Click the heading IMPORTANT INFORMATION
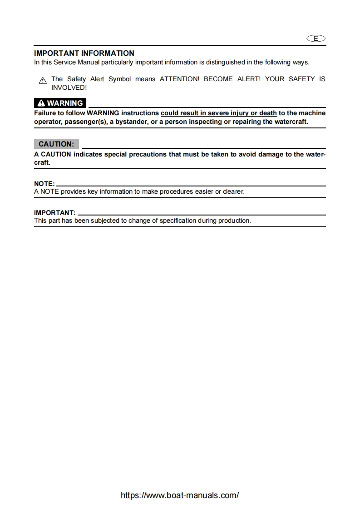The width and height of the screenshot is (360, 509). click(x=84, y=54)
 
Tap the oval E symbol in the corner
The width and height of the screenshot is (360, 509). click(x=316, y=39)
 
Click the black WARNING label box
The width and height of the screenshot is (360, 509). click(x=60, y=103)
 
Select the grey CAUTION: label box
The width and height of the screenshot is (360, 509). click(x=56, y=144)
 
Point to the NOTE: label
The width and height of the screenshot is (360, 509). click(x=44, y=183)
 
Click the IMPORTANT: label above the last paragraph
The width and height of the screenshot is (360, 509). click(x=55, y=212)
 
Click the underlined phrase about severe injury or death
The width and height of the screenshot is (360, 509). click(x=219, y=113)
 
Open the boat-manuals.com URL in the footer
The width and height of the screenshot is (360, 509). click(x=180, y=495)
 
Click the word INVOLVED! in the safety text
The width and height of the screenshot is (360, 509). click(x=69, y=87)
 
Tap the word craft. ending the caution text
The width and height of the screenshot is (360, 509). click(x=42, y=162)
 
